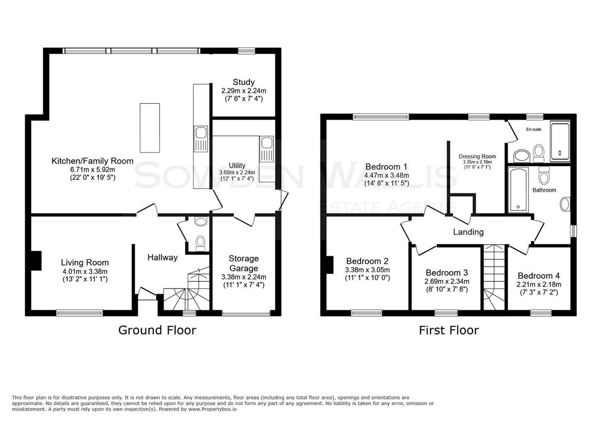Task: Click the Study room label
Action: tap(243, 82)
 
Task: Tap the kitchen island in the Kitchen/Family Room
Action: tap(149, 127)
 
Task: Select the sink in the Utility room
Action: tap(266, 149)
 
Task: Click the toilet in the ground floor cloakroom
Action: tap(200, 243)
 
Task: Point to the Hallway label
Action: tap(163, 257)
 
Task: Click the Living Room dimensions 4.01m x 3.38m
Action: tap(85, 271)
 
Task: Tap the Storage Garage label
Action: tap(243, 263)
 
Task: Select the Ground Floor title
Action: tap(157, 330)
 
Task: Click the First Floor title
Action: tap(449, 330)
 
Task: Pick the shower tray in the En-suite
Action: tap(560, 142)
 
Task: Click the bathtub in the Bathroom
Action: tap(518, 190)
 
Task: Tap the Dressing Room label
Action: tap(477, 157)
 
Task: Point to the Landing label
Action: tap(468, 232)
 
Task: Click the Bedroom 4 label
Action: tap(539, 275)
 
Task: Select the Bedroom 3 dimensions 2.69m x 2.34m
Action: tap(446, 282)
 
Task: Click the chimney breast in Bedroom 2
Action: tap(330, 265)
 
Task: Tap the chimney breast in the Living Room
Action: tap(36, 260)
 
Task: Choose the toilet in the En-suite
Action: tap(539, 153)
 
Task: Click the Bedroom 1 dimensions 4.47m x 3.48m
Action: tap(386, 176)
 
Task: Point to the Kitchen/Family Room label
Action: tap(92, 161)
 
